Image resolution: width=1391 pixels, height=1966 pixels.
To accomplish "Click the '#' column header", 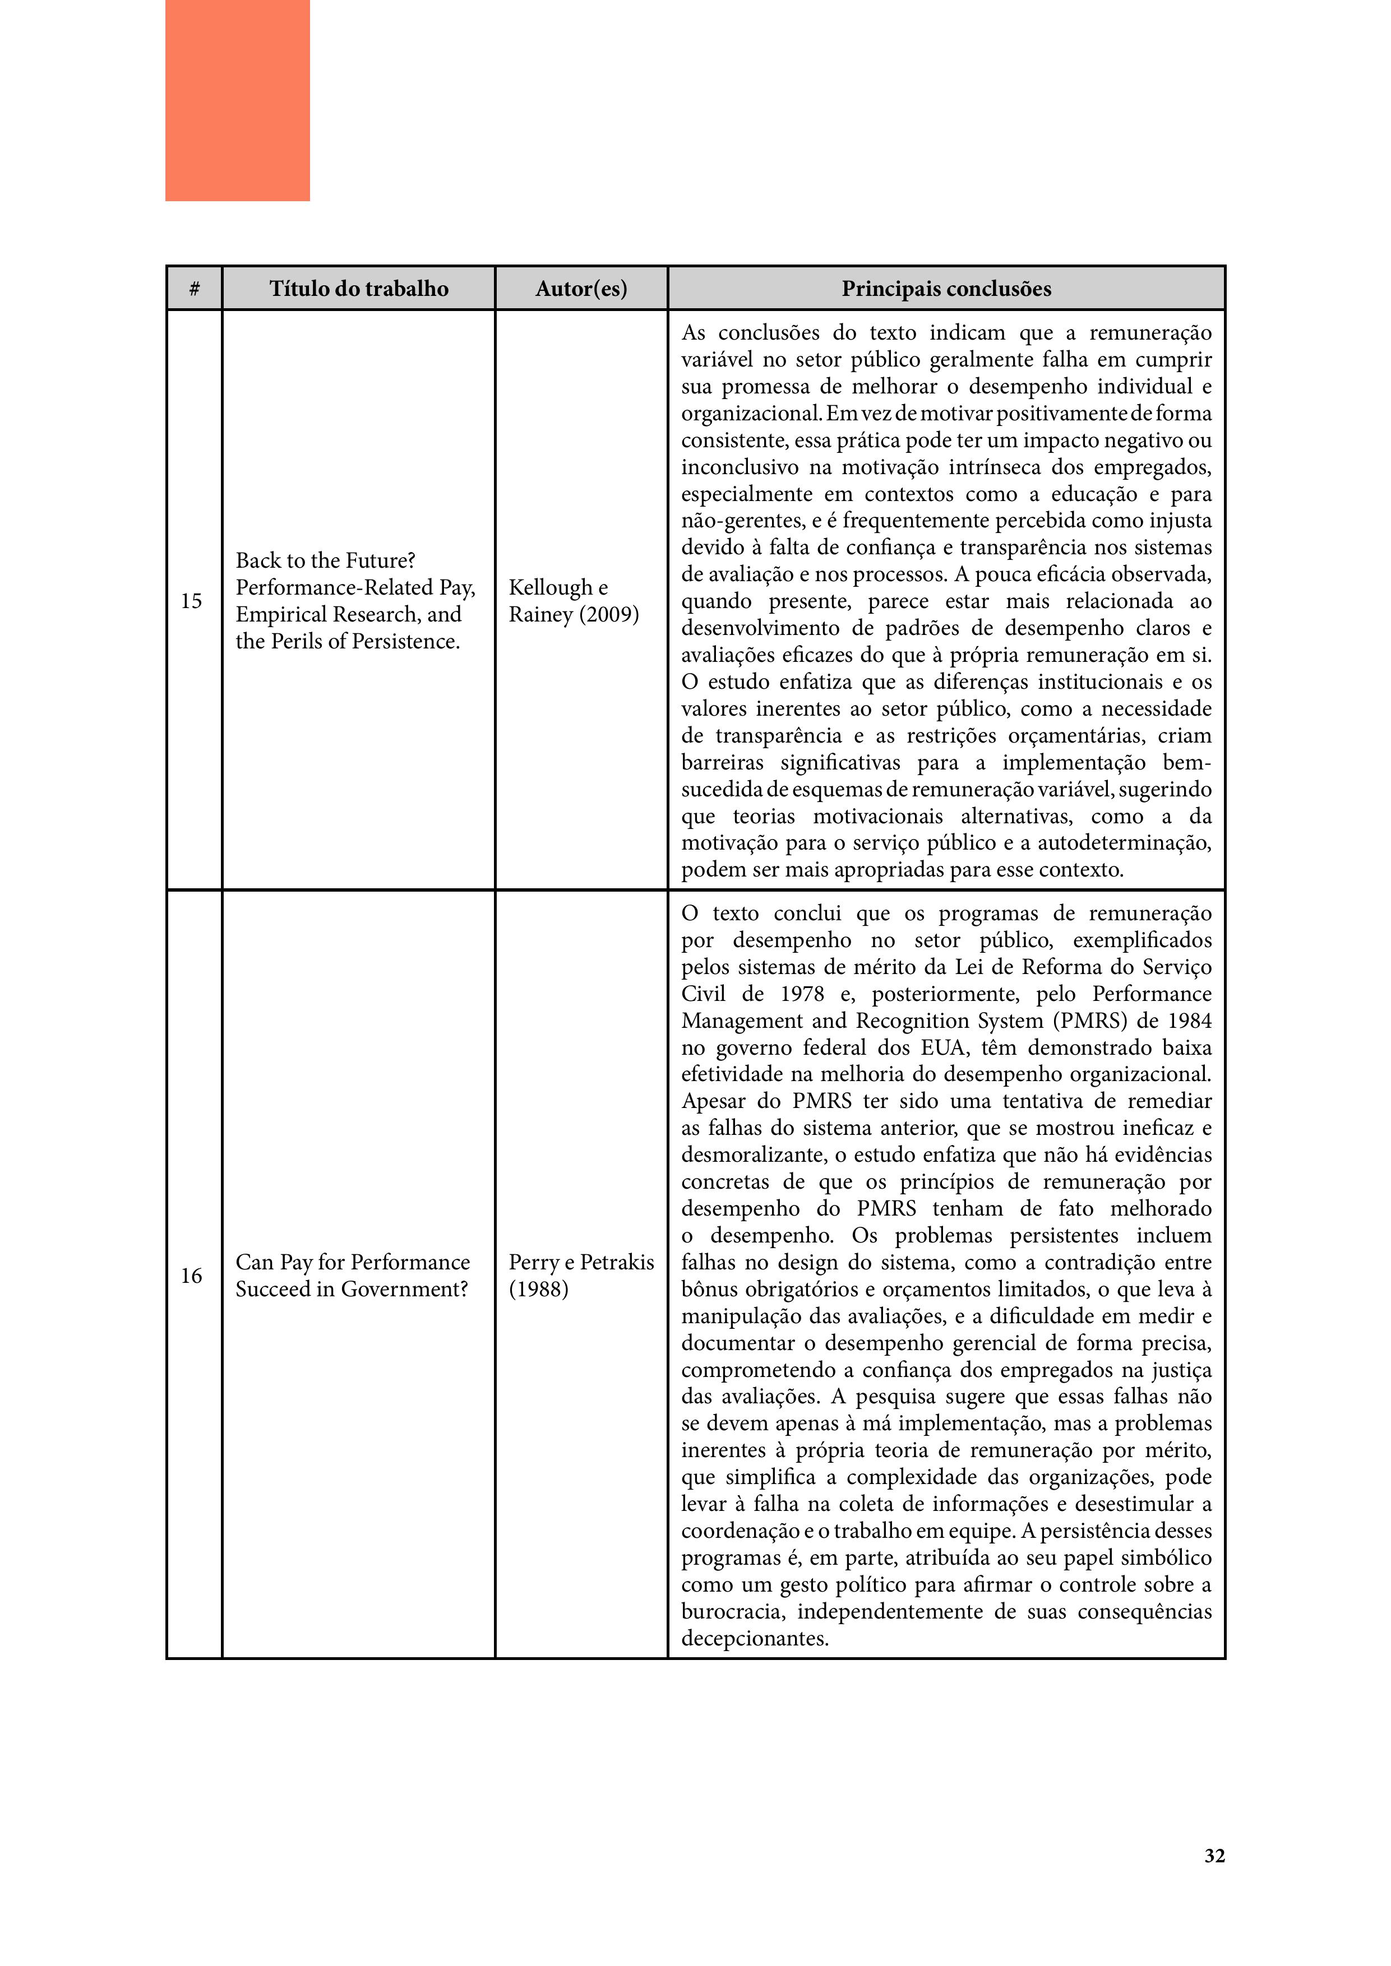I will click(x=195, y=289).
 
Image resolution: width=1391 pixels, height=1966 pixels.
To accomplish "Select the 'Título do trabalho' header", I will click(x=359, y=289).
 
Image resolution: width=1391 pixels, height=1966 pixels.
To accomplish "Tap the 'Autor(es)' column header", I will click(x=581, y=289).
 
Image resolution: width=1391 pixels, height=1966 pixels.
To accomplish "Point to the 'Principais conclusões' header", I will click(x=946, y=289).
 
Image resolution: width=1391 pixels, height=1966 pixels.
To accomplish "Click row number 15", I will click(x=191, y=601).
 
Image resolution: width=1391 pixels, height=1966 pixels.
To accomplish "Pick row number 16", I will click(x=191, y=1276).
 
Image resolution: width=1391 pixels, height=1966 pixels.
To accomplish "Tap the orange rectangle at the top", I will click(x=237, y=100).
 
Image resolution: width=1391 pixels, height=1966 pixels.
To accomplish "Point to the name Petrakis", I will click(x=617, y=1262).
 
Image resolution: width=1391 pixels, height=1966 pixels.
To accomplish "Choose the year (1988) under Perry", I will click(x=539, y=1290).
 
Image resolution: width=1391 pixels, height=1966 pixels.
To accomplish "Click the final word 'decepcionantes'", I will click(x=753, y=1639).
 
